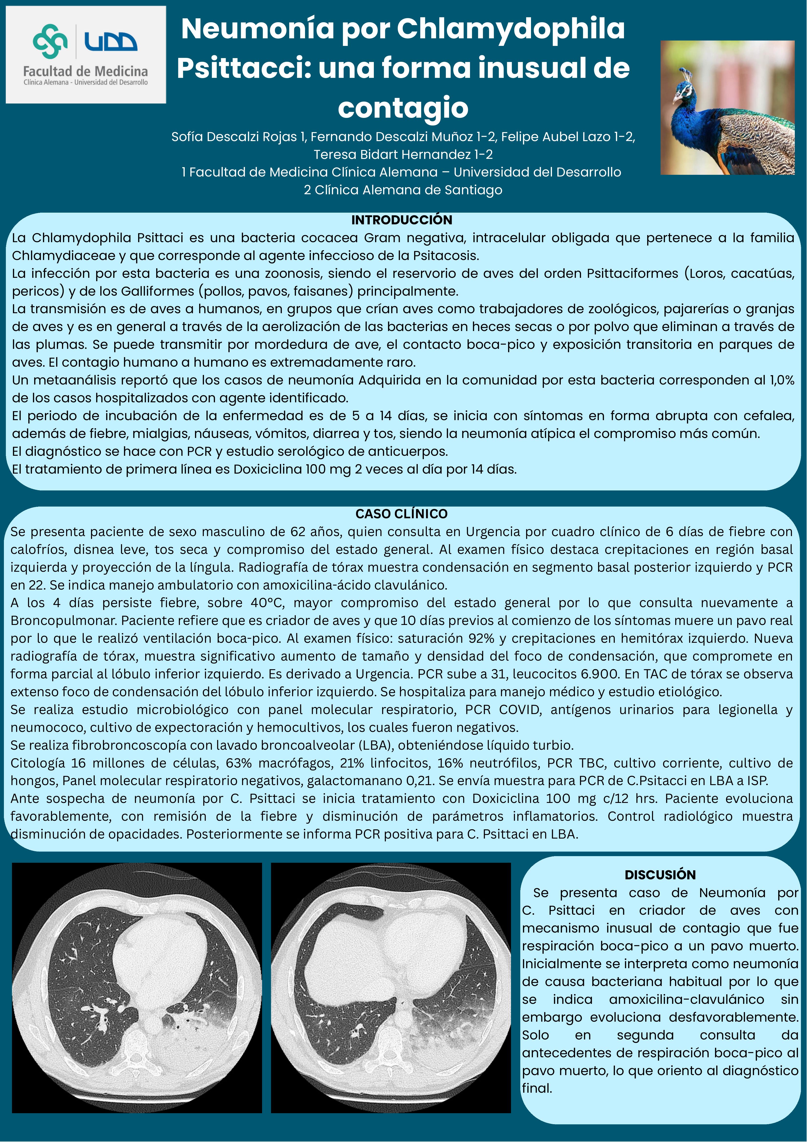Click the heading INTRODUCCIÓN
[x=402, y=220]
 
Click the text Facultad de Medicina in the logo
[x=85, y=71]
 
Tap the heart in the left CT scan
[x=159, y=955]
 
